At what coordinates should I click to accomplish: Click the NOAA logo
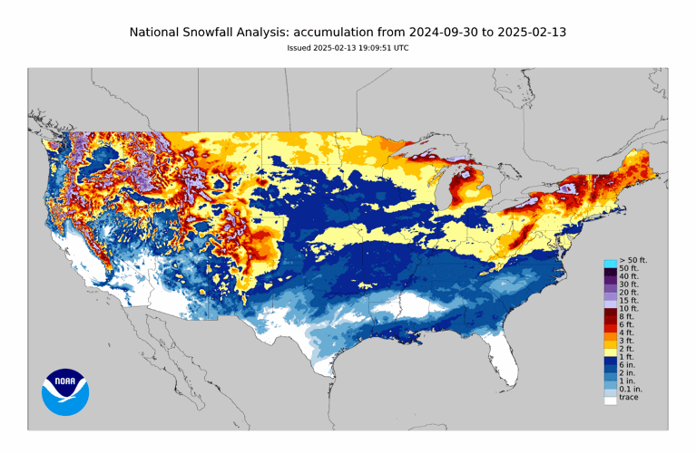click(64, 391)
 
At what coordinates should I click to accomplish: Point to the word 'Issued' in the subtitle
click(299, 48)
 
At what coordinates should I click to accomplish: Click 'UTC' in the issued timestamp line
click(400, 48)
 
